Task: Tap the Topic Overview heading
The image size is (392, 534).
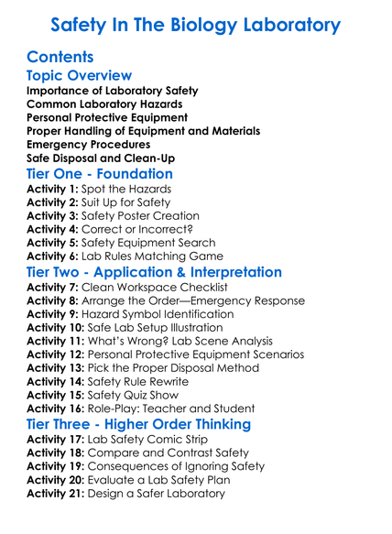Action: click(80, 76)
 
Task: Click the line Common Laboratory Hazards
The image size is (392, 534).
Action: click(104, 104)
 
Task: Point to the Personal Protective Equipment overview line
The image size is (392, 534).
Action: click(107, 118)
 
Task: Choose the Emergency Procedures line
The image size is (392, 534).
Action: click(89, 145)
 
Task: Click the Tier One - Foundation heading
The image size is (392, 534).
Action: click(100, 173)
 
